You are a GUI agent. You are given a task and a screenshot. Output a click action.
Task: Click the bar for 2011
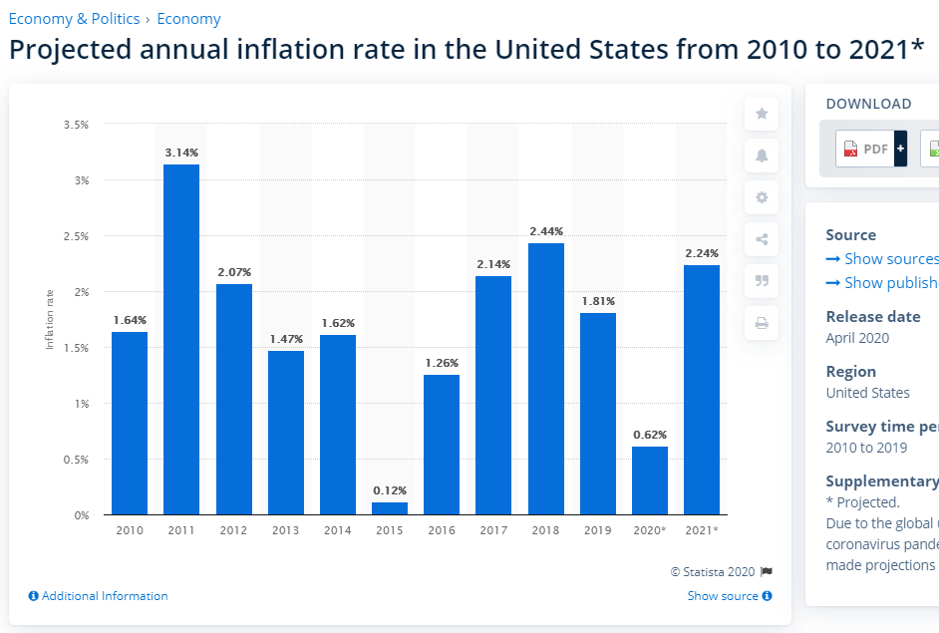181,339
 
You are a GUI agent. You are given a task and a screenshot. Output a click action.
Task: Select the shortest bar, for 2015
390,508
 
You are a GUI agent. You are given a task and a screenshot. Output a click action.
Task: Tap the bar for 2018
546,379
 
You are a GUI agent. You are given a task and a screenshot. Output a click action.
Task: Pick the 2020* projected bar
650,480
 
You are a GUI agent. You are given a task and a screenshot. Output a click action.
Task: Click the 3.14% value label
181,153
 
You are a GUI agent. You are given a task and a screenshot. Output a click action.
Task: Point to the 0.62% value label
650,435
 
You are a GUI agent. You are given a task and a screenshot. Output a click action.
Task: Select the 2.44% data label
546,231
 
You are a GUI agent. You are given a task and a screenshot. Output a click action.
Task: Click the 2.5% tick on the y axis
77,236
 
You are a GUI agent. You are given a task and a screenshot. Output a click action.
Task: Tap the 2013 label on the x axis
285,530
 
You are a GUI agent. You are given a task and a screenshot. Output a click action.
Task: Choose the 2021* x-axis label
702,530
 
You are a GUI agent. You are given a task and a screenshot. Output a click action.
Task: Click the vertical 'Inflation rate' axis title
50,319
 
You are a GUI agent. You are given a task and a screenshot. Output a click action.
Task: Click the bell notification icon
762,156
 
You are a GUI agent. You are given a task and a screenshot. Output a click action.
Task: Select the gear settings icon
762,197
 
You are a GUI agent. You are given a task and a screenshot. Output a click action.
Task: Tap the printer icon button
762,323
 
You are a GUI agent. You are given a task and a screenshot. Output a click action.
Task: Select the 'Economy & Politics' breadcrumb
74,19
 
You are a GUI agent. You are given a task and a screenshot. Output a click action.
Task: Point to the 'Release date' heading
873,316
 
